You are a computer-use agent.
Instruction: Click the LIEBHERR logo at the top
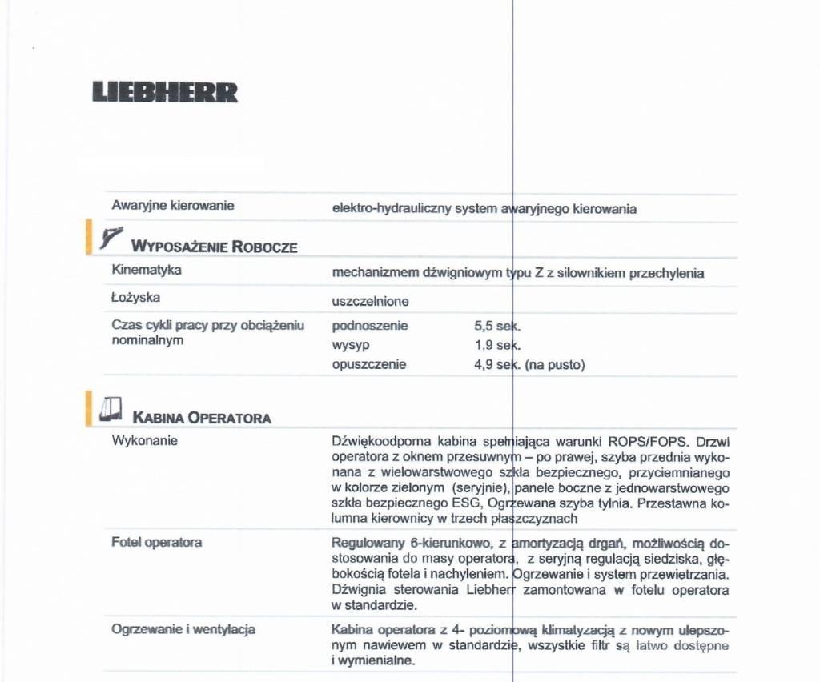pyautogui.click(x=165, y=92)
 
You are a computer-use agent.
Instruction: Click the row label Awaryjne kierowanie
pyautogui.click(x=172, y=206)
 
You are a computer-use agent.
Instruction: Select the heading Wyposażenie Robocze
pyautogui.click(x=214, y=246)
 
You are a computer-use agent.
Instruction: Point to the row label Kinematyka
pyautogui.click(x=147, y=270)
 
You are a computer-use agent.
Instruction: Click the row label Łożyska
pyautogui.click(x=135, y=298)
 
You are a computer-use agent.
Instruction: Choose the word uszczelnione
pyautogui.click(x=370, y=302)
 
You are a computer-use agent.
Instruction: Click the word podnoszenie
pyautogui.click(x=369, y=326)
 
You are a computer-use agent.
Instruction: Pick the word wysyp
pyautogui.click(x=350, y=345)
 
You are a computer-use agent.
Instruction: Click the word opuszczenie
pyautogui.click(x=369, y=364)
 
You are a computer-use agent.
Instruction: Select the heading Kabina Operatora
pyautogui.click(x=202, y=418)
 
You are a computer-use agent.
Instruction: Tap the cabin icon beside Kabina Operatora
pyautogui.click(x=111, y=409)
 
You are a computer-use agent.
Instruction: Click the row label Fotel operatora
pyautogui.click(x=156, y=543)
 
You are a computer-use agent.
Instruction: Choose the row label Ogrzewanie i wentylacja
pyautogui.click(x=183, y=629)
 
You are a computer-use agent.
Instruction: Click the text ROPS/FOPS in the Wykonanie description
pyautogui.click(x=650, y=441)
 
